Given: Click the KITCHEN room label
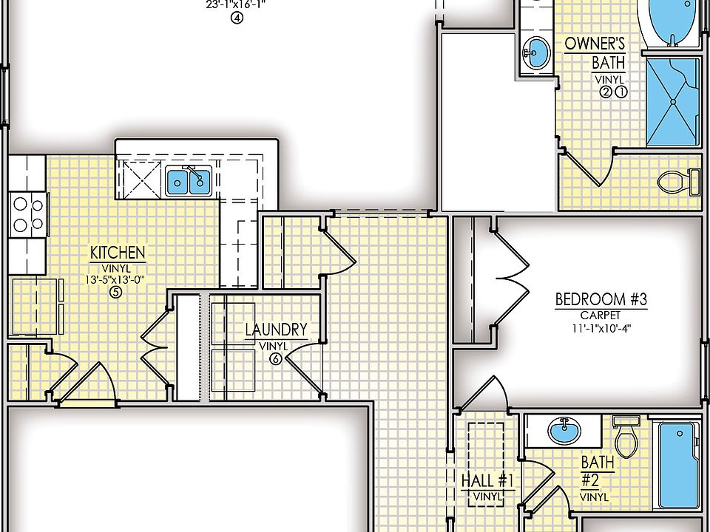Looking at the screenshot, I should coord(118,253).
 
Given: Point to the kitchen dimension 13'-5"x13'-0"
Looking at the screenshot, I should coord(118,279).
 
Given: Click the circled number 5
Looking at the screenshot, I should coord(115,293).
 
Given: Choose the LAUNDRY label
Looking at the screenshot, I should coord(276,330).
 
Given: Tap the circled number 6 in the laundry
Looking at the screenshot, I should coord(275,359).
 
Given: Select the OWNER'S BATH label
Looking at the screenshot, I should coord(595,52).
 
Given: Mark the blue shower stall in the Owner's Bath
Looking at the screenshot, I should coord(672,101).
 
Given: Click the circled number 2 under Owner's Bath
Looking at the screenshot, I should coord(606,92).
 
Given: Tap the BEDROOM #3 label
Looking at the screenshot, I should coord(601,299).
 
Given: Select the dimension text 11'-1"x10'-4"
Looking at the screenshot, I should coord(601,329).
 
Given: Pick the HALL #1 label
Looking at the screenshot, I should coord(487,480).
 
